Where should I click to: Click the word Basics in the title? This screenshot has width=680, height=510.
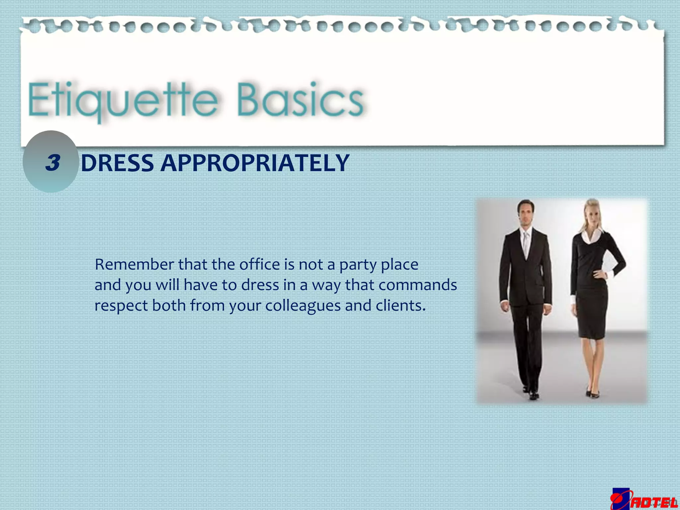pos(300,100)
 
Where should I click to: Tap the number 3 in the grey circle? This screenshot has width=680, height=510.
pos(53,163)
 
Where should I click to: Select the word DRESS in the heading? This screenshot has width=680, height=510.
pos(117,163)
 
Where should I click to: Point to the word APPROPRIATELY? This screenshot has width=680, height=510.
pos(255,163)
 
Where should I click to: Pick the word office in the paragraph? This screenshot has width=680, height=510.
pos(260,265)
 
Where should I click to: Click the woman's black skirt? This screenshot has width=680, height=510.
pos(593,312)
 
